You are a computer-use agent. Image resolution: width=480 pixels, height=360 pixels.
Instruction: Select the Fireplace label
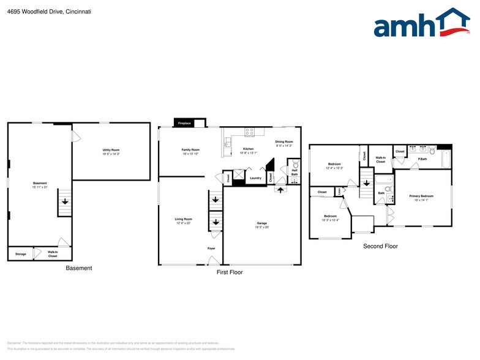click(184, 124)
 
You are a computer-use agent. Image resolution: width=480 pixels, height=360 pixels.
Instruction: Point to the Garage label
click(261, 223)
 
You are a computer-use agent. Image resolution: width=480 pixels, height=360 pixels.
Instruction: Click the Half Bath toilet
click(294, 165)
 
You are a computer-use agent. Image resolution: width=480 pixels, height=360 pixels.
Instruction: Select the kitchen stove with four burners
click(249, 132)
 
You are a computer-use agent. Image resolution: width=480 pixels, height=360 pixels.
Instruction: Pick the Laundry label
click(255, 178)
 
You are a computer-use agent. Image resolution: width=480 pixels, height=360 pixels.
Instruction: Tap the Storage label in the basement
click(21, 253)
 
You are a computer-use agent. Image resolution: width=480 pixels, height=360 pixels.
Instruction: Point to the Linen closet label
click(340, 191)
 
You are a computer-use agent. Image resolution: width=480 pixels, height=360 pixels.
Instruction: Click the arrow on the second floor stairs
click(366, 182)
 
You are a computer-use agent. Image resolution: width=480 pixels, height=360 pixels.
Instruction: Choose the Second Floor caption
click(380, 246)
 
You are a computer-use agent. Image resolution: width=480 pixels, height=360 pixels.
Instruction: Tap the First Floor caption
click(230, 272)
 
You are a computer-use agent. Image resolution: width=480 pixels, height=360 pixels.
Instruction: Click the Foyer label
click(211, 248)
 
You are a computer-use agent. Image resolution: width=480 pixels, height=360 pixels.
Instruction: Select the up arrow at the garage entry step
click(280, 190)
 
